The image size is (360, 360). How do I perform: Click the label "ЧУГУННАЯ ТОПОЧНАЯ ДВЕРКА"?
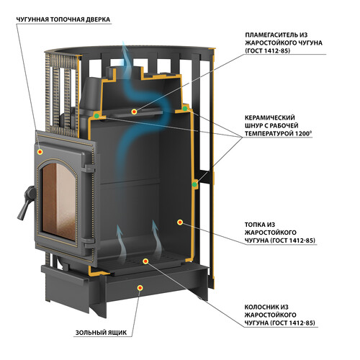click(x=63, y=19)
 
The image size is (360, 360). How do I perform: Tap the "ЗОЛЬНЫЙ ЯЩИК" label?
click(x=101, y=333)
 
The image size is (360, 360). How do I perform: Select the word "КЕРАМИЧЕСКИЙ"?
click(x=270, y=118)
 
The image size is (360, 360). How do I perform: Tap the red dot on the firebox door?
click(x=40, y=152)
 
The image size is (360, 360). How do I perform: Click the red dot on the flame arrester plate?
click(x=134, y=112)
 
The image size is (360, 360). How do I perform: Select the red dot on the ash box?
click(x=140, y=287)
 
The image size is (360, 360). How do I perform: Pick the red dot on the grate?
click(x=145, y=261)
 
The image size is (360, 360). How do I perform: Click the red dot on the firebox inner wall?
click(x=180, y=222)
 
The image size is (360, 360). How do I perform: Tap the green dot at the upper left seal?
click(x=96, y=116)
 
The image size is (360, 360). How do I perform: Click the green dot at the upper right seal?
click(x=185, y=109)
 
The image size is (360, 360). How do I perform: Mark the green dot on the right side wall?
click(x=194, y=184)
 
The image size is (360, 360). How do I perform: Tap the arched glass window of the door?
click(x=59, y=199)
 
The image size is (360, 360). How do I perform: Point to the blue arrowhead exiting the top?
click(x=124, y=48)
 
